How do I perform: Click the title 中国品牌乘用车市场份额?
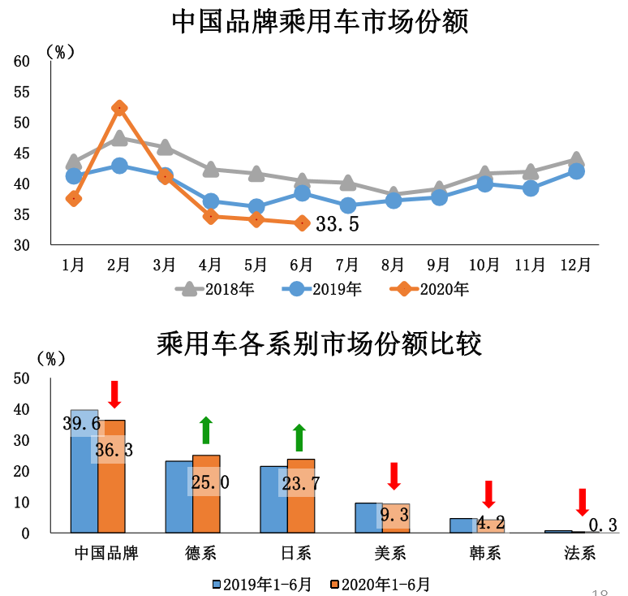coord(320,22)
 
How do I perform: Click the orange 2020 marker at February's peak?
coord(119,108)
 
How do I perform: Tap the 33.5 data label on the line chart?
coord(338,224)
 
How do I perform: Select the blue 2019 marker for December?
coord(576,171)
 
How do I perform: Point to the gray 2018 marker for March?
coord(165,147)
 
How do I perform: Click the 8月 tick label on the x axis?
coord(393,264)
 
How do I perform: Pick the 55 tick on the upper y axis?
coord(21,92)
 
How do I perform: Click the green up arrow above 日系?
coord(299,437)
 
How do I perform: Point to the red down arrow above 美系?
coord(394,475)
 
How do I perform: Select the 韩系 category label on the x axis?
coord(485,554)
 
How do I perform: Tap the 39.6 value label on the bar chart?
coord(81,423)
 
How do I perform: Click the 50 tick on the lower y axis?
coord(21,378)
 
